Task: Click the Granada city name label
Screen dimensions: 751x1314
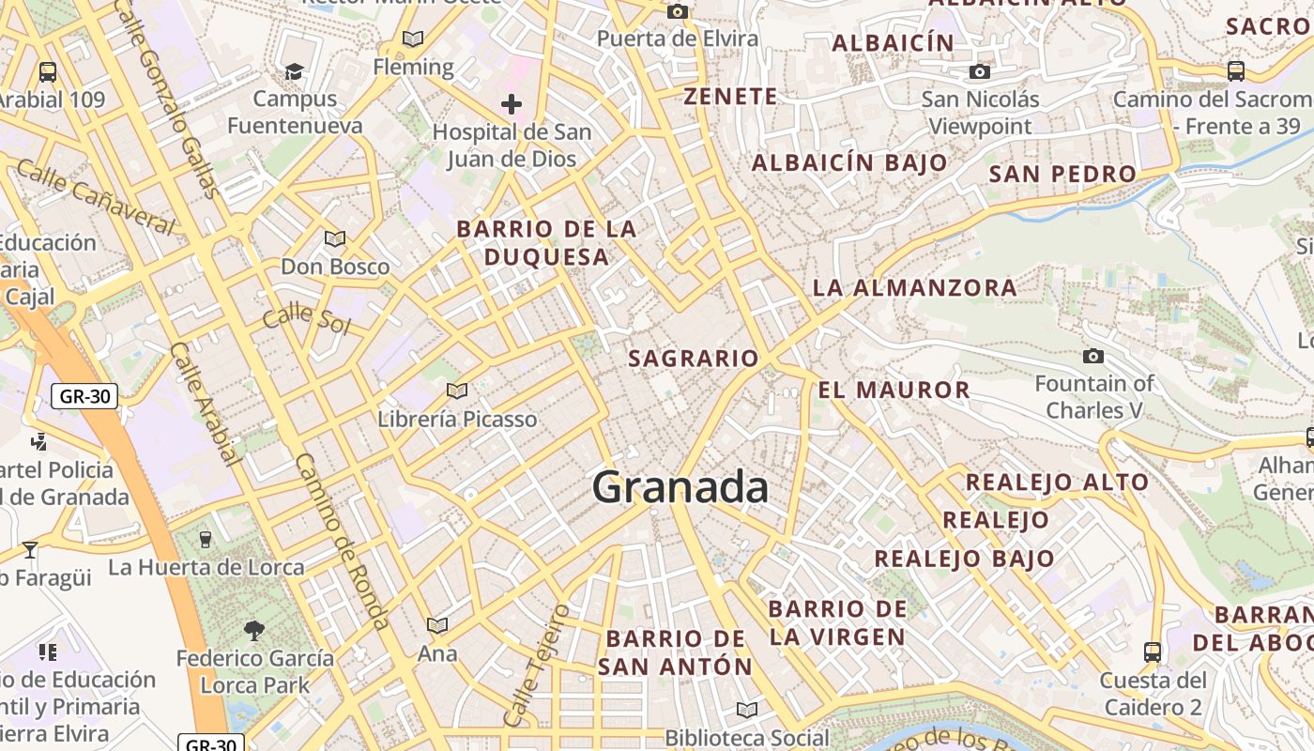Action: [x=680, y=487]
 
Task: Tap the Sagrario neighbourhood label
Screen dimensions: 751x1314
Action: [x=693, y=358]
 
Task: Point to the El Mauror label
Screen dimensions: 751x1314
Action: [x=894, y=390]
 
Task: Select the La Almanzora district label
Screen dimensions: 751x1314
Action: [x=914, y=287]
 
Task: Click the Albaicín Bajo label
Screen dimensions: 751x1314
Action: [x=849, y=162]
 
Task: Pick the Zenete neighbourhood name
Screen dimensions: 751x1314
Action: [x=730, y=96]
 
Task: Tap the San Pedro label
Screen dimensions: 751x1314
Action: [x=1062, y=174]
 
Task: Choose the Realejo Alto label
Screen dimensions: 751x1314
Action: [x=1057, y=483]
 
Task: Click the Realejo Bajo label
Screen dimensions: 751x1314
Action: [x=964, y=559]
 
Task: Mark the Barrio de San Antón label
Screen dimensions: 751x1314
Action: [x=676, y=652]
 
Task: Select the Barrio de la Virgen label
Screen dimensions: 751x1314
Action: [x=837, y=622]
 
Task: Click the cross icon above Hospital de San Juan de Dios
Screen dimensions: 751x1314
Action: [x=512, y=103]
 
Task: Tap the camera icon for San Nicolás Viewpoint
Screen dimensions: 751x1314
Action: [x=980, y=71]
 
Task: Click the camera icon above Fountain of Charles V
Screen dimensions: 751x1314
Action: [x=1092, y=356]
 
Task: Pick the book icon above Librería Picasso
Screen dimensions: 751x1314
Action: [x=457, y=391]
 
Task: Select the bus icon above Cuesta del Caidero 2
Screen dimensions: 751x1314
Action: [x=1152, y=651]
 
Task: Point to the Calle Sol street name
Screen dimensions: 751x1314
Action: [x=306, y=319]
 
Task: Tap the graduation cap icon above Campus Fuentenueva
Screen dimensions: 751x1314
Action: [x=295, y=71]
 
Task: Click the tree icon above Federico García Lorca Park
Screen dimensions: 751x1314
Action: [x=254, y=629]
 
